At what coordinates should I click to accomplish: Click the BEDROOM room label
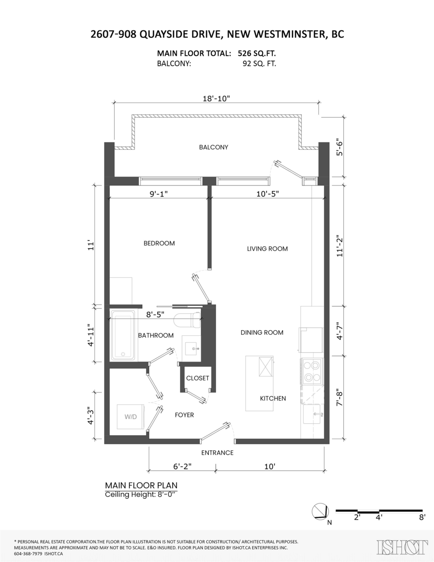click(x=159, y=244)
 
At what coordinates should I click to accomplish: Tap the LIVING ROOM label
click(x=267, y=249)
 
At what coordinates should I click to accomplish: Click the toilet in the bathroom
click(x=187, y=321)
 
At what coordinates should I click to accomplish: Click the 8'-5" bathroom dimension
click(x=155, y=315)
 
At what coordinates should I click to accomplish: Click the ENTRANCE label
click(x=217, y=453)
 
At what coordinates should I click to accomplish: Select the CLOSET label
click(x=198, y=378)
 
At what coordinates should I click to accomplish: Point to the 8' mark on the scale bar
click(x=422, y=518)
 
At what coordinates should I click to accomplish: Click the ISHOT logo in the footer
click(x=402, y=547)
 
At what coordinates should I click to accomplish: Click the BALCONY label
click(x=213, y=147)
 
